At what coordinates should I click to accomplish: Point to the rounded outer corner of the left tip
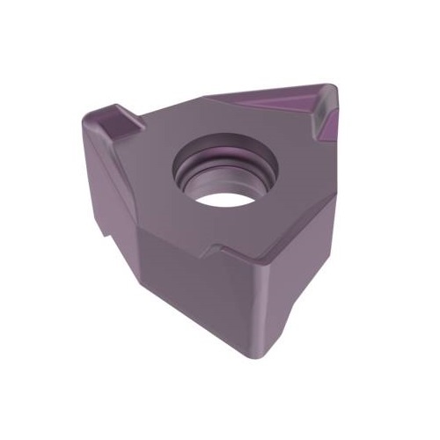pos(91,119)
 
